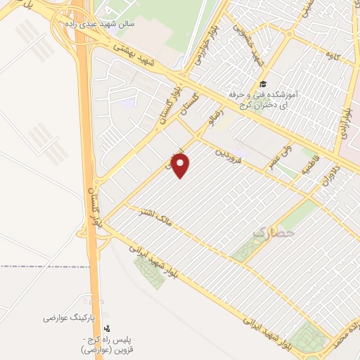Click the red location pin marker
tap(181, 166)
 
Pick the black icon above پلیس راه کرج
tap(107, 328)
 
